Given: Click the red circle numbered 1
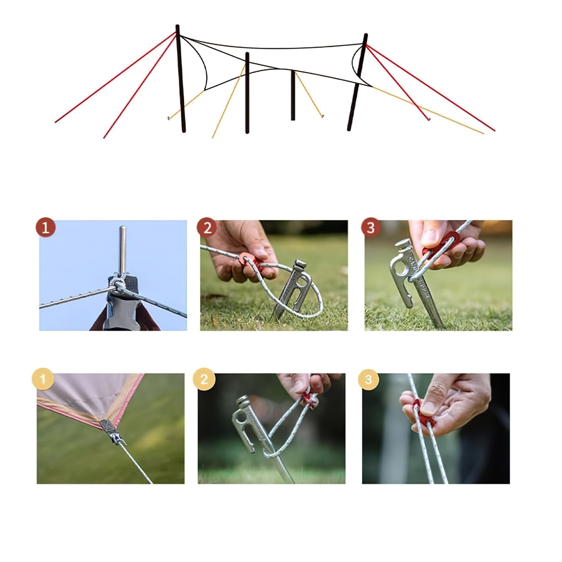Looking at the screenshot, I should (45, 228).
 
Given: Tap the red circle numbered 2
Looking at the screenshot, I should (207, 228).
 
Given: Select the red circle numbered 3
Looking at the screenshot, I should (371, 228).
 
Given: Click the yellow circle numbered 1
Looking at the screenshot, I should (43, 379).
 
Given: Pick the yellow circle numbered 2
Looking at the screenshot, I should (204, 379).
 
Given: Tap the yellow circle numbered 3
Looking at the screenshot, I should (368, 379).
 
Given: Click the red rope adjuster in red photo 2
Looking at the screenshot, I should (248, 260).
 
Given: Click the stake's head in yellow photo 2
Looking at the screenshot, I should (244, 402).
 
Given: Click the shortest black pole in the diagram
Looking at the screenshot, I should (293, 96).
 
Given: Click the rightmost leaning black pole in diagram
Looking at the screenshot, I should (357, 82).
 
